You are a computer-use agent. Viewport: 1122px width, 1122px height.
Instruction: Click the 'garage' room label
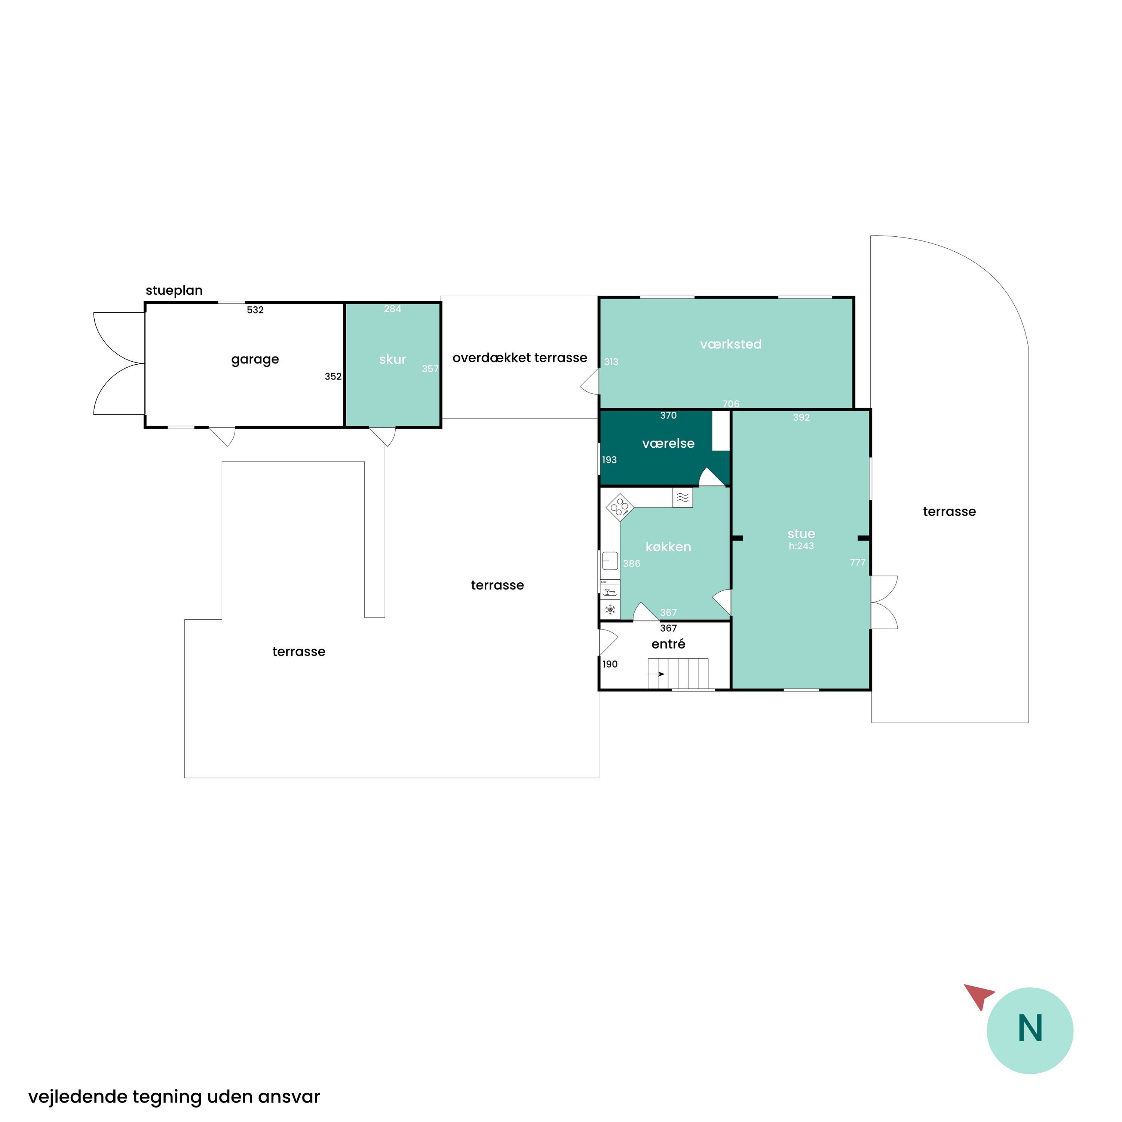point(255,359)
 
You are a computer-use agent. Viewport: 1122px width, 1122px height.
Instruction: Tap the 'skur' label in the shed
point(393,359)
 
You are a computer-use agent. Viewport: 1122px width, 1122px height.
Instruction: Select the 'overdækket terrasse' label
point(520,358)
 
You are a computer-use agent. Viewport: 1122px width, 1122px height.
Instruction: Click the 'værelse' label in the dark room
point(668,444)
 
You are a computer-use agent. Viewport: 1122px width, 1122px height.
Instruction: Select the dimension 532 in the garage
point(255,310)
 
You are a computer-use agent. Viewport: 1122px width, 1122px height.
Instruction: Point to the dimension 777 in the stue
point(857,562)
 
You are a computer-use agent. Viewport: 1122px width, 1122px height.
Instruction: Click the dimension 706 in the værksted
point(730,404)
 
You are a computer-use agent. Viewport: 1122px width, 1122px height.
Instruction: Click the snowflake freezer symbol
point(610,610)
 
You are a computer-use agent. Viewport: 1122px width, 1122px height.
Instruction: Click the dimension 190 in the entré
point(610,664)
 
